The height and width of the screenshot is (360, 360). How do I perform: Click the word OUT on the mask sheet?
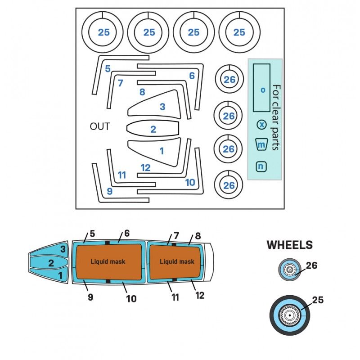100,126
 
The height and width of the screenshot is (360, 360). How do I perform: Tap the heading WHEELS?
289,245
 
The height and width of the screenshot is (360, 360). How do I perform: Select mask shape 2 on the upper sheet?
153,129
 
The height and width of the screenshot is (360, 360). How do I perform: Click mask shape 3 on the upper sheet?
160,107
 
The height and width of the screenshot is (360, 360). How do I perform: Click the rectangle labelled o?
261,88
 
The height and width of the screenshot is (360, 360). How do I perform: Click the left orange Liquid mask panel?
108,261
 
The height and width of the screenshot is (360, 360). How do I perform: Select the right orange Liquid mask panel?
177,261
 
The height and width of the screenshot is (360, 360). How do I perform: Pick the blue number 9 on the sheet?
109,192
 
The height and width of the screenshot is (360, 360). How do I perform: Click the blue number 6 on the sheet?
192,76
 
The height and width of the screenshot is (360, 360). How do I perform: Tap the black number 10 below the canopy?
131,298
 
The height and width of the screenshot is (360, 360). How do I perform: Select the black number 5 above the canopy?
92,234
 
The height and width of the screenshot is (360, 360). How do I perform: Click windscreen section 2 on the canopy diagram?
51,263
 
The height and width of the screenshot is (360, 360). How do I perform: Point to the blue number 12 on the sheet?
145,168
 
